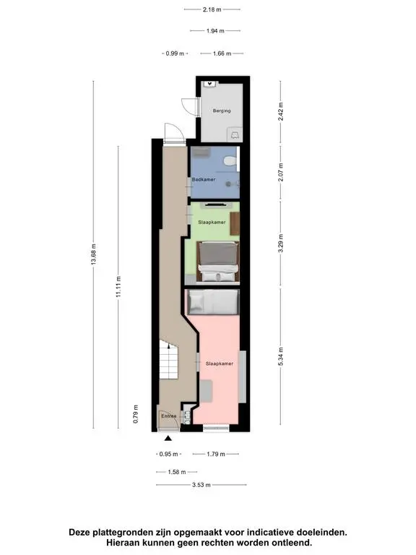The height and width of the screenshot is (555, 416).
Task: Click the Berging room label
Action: click(x=222, y=111)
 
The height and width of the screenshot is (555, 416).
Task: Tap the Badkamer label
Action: click(x=204, y=179)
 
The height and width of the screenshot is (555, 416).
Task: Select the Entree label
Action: click(x=169, y=416)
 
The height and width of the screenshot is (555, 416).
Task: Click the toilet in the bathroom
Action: click(x=230, y=161)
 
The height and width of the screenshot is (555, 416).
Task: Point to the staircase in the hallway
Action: click(x=168, y=359)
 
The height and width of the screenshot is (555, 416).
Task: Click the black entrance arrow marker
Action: click(x=168, y=438)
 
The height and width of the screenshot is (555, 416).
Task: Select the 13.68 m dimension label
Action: click(x=93, y=254)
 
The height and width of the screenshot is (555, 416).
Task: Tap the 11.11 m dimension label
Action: click(x=118, y=286)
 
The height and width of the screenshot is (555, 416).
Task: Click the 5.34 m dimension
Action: click(x=280, y=356)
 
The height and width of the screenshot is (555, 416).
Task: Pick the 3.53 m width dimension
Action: click(x=201, y=485)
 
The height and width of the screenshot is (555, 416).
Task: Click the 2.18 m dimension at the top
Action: click(x=212, y=9)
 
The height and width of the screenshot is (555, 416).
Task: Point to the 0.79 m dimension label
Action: click(x=136, y=414)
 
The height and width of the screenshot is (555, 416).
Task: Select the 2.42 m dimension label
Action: click(x=280, y=111)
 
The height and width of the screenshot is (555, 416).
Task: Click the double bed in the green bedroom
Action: click(x=217, y=262)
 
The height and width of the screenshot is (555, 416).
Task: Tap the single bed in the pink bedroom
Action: click(x=213, y=302)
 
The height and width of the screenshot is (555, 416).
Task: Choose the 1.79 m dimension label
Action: click(x=216, y=454)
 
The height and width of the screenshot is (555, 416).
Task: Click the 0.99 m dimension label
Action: click(x=175, y=53)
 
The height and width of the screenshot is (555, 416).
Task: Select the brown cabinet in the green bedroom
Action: click(x=235, y=223)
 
